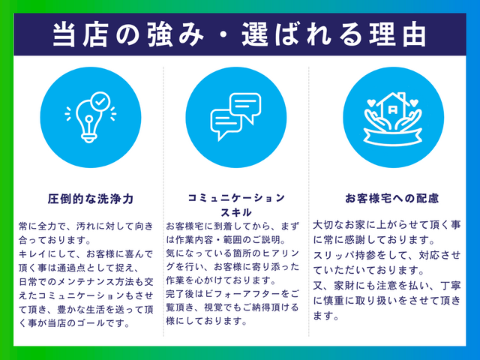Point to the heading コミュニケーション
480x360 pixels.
236,197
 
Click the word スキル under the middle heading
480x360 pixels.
235,211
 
